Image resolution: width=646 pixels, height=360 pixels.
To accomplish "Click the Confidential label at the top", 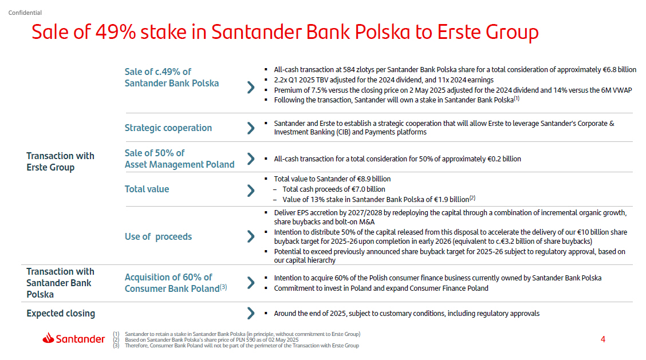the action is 25,13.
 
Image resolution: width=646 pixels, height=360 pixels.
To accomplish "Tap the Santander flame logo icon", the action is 48,338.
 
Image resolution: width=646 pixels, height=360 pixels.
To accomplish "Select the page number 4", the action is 602,339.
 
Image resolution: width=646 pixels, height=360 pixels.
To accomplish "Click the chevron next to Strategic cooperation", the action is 251,128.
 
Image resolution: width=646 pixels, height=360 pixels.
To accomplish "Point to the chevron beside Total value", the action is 251,190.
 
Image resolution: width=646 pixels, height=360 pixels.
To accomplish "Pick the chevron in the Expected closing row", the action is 251,313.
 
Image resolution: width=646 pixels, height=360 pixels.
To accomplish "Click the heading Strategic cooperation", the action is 168,128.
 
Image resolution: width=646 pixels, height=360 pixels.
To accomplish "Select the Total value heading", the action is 147,189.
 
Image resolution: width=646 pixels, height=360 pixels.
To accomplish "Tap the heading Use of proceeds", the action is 158,237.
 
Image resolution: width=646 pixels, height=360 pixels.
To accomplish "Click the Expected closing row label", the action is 61,314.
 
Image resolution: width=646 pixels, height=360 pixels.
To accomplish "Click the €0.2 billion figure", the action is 504,159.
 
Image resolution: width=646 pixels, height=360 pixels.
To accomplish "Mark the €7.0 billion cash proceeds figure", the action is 368,189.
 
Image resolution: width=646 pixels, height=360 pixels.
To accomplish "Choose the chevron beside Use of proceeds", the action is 251,236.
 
